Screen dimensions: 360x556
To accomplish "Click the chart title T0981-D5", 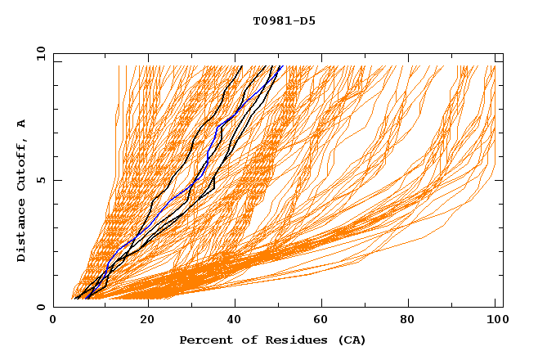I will [x=284, y=20].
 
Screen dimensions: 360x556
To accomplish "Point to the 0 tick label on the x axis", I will [x=53, y=320].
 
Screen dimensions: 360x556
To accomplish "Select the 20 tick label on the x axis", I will [x=147, y=320].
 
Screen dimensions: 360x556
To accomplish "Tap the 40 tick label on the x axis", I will [x=235, y=320].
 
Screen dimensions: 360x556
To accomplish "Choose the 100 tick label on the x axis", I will [x=496, y=320].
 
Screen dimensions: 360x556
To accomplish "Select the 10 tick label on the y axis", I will [x=38, y=53].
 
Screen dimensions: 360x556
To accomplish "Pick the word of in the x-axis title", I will [x=242, y=340].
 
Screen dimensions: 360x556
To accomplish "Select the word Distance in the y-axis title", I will [x=22, y=233].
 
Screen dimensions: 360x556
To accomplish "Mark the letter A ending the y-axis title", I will [x=22, y=124].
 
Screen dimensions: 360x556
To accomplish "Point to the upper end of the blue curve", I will [x=280, y=67].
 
